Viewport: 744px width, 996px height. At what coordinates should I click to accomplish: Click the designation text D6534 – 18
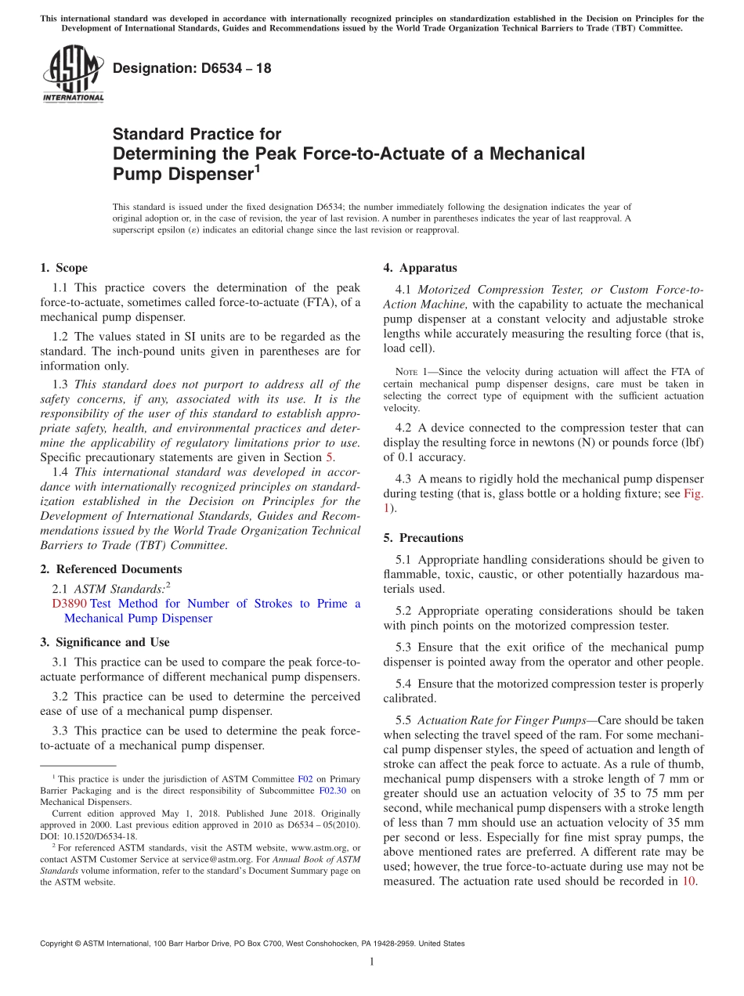point(192,68)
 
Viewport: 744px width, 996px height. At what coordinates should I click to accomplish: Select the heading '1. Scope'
point(64,268)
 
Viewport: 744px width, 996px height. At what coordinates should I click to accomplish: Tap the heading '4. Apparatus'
point(420,268)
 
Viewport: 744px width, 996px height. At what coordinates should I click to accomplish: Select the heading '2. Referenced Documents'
point(110,569)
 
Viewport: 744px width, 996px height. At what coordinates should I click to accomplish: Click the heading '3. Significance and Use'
point(104,642)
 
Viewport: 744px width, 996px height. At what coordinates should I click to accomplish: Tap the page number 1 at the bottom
point(371,962)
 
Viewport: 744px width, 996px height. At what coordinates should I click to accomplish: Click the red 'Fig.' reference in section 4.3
point(693,494)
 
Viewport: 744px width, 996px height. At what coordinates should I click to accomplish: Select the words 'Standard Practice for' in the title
point(197,134)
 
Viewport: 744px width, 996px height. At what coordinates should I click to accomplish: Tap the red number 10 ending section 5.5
point(689,881)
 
